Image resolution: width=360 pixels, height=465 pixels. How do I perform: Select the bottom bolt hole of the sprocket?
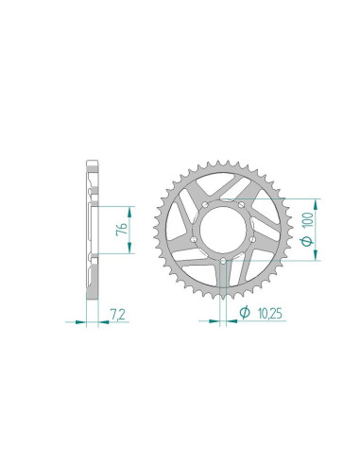[223, 261]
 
